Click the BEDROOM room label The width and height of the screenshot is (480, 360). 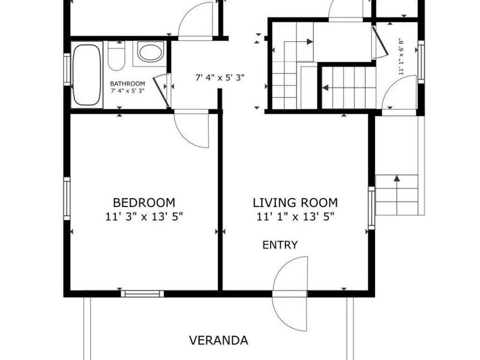coord(144,203)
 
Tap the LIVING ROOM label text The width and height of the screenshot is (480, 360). coord(295,203)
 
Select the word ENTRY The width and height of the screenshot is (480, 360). coord(280,245)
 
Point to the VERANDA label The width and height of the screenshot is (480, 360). coord(218,340)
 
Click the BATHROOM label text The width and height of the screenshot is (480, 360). coord(127,83)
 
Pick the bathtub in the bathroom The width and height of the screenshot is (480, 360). coord(87,75)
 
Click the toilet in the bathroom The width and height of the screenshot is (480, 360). coord(116,56)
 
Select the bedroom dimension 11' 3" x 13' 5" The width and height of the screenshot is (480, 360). coord(144,217)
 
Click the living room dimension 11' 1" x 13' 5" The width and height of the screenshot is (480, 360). coord(295,217)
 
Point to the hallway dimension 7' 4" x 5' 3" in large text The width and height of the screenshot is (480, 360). coord(220,77)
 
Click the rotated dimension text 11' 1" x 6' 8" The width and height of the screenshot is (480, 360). coord(401,56)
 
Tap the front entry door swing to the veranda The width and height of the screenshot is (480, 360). coord(290,294)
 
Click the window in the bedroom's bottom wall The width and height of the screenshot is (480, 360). coord(142,294)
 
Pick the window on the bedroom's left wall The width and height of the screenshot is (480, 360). coord(67,199)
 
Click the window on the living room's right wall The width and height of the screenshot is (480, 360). coord(371,208)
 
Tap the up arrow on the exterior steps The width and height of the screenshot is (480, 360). coord(397,194)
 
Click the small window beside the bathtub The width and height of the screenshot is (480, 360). coord(67,70)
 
